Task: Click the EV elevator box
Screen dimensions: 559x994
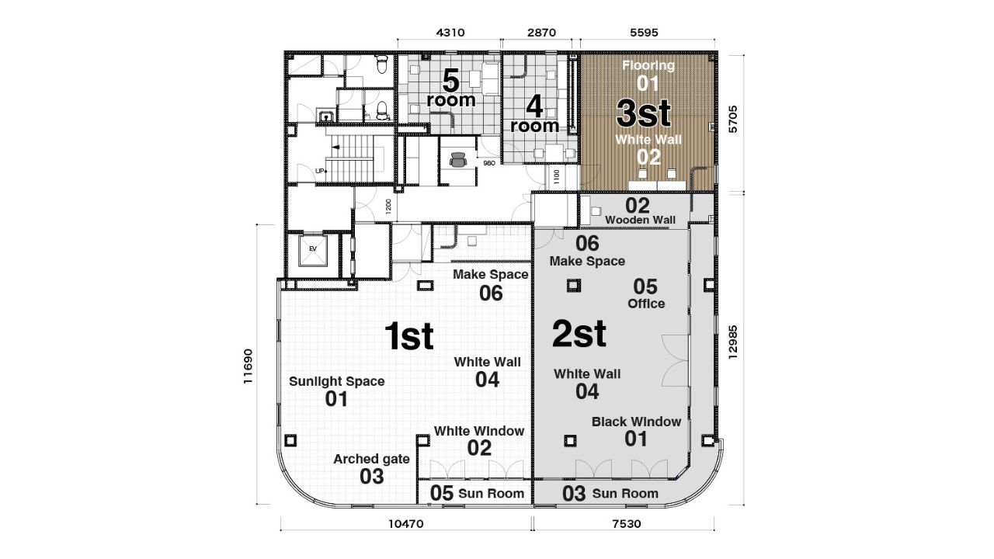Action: pos(313,250)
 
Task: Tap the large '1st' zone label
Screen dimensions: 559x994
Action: pos(409,336)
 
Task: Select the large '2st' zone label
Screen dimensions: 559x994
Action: pos(579,334)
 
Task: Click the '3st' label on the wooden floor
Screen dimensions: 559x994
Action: pos(644,113)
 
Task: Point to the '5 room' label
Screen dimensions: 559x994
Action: pos(450,89)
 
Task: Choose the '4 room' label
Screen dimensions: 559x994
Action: pos(534,113)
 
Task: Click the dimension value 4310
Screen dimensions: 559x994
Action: pos(450,33)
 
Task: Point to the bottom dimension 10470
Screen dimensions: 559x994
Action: pos(405,524)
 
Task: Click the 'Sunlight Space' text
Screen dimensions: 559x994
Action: pos(336,381)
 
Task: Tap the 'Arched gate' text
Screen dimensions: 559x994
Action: pos(371,459)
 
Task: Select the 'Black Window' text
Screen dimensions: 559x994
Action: pos(636,422)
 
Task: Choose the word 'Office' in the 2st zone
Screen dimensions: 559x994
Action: pos(646,304)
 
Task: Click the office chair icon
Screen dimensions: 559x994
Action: pos(458,160)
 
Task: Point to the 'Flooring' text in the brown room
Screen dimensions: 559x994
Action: pos(648,66)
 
